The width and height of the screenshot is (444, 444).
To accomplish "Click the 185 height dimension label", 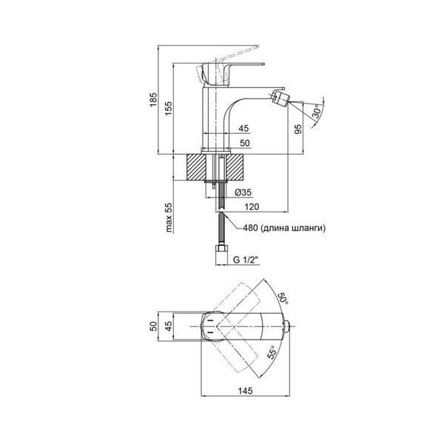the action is pyautogui.click(x=153, y=99).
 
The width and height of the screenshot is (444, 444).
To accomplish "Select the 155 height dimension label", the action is pyautogui.click(x=169, y=108).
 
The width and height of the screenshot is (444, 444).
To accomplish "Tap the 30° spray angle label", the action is pyautogui.click(x=317, y=111).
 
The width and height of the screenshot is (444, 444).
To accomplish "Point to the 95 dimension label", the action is pyautogui.click(x=298, y=129).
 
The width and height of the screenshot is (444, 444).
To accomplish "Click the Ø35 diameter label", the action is pyautogui.click(x=243, y=192).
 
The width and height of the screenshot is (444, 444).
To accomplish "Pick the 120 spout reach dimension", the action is pyautogui.click(x=252, y=206).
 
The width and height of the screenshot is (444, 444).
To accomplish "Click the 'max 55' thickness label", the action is pyautogui.click(x=169, y=217).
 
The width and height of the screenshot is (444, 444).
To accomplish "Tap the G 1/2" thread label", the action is pyautogui.click(x=246, y=260).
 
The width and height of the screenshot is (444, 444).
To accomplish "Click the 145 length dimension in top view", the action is pyautogui.click(x=245, y=391).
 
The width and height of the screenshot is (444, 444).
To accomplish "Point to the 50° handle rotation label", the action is pyautogui.click(x=283, y=298).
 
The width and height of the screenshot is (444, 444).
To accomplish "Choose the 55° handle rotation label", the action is pyautogui.click(x=272, y=352).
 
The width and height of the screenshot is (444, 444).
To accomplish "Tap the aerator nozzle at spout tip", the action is pyautogui.click(x=279, y=96).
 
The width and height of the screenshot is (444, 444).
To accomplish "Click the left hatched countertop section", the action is pyautogui.click(x=196, y=167).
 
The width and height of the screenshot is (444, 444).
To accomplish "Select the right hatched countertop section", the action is pyautogui.click(x=236, y=167).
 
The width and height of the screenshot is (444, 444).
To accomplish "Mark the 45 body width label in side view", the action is pyautogui.click(x=243, y=128).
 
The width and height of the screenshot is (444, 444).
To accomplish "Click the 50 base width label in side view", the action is pyautogui.click(x=245, y=143).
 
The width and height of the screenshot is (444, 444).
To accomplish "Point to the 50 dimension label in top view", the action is pyautogui.click(x=153, y=326).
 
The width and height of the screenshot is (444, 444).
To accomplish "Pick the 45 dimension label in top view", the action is pyautogui.click(x=169, y=326).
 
